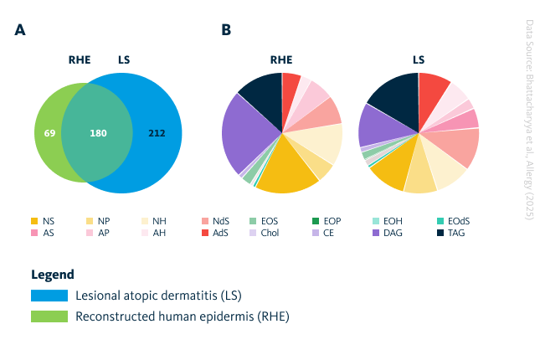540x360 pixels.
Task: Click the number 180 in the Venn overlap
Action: [98, 133]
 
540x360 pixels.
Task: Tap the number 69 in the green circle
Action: [49, 133]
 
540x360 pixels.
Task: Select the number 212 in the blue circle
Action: [157, 133]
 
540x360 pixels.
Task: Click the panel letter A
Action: [20, 30]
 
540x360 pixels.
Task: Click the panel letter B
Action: [226, 30]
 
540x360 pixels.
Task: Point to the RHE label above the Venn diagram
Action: [79, 60]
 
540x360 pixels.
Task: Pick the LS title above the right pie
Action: [418, 60]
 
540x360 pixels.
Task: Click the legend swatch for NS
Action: [34, 221]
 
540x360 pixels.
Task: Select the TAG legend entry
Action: [450, 232]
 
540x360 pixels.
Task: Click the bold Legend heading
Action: [53, 274]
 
